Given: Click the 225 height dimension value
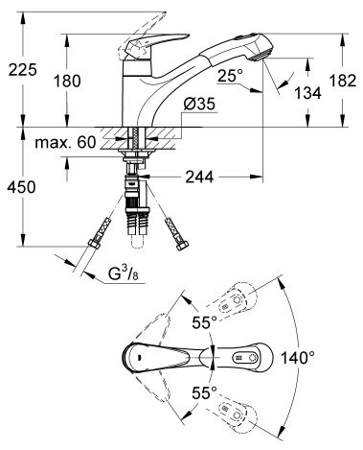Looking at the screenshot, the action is coord(22,70).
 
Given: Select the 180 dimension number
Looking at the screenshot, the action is coord(67,81).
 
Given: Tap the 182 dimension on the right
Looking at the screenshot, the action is coord(343,81).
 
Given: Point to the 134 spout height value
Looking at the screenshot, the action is coord(307,93).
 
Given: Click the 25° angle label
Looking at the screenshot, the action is coord(230,76).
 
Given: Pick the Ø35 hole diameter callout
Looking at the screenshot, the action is coord(199,104).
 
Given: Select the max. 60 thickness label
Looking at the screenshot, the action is coord(65,142).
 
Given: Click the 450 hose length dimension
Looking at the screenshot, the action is coord(21,187).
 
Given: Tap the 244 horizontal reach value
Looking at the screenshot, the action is coord(199,177).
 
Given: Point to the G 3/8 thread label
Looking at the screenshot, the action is coord(124,274).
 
